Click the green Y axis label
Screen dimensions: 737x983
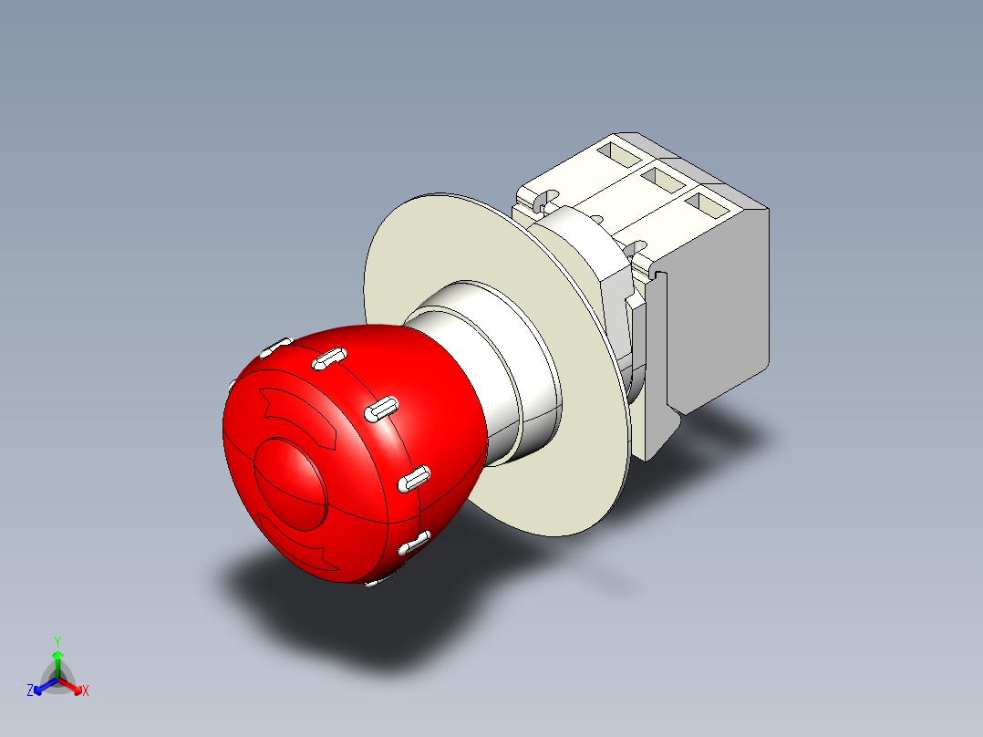(57, 640)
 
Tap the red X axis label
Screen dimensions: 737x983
(86, 691)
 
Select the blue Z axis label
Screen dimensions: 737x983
(30, 691)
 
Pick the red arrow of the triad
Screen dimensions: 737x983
(72, 684)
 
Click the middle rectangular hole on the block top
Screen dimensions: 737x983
(664, 181)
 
